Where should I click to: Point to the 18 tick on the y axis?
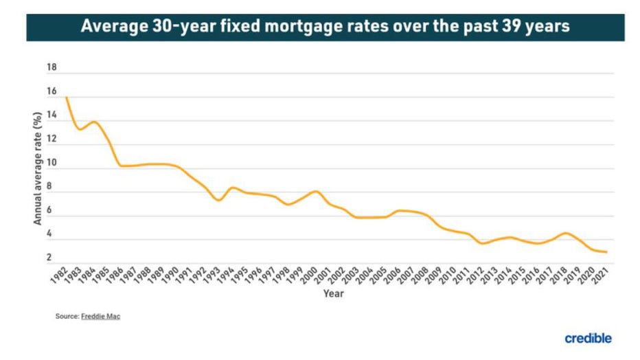[x=51, y=68]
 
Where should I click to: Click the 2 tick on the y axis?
[x=49, y=258]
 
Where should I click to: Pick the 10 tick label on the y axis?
[x=51, y=163]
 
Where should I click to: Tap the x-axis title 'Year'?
[x=334, y=293]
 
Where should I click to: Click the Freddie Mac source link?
[x=102, y=317]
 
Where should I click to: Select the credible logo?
[x=588, y=338]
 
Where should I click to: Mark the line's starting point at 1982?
[x=67, y=98]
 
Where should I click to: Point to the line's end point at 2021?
[x=606, y=252]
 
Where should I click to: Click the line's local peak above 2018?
[x=564, y=233]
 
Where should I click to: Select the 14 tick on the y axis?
[x=51, y=115]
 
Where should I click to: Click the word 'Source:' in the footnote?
[x=67, y=317]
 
